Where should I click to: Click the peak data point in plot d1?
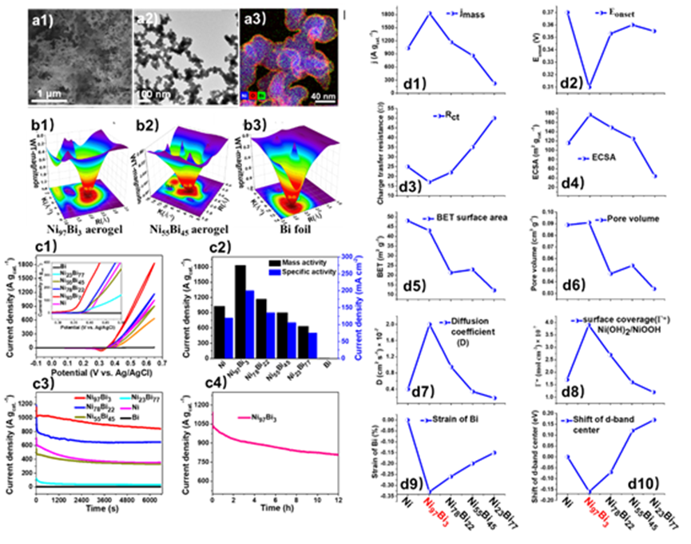point(431,14)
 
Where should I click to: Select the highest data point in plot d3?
point(494,118)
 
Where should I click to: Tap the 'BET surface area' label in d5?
point(471,217)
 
